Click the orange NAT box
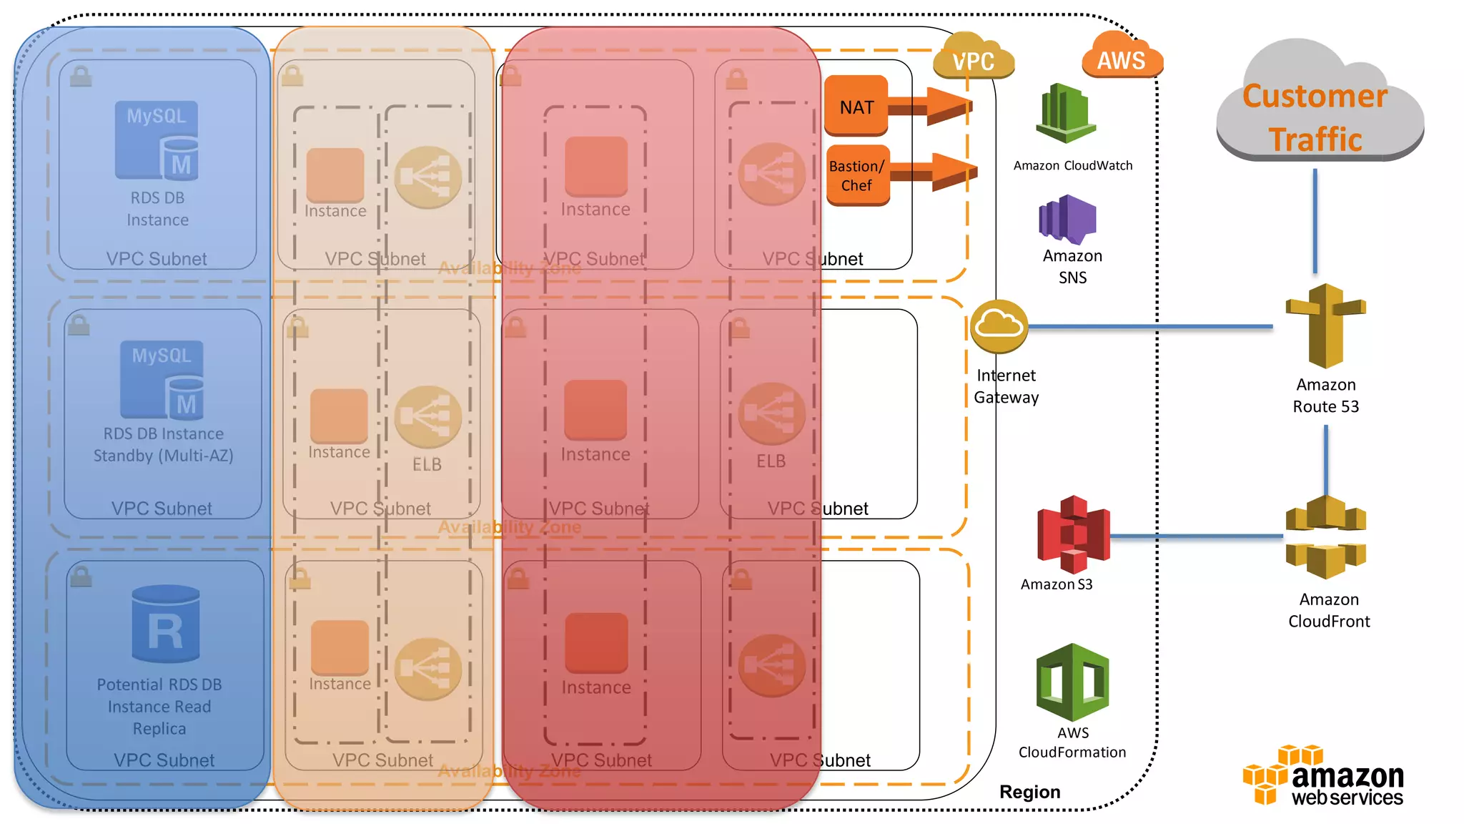pos(856,106)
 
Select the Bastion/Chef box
pos(857,175)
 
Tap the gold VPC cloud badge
pos(973,58)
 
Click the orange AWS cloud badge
pos(1121,57)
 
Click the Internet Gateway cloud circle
pos(999,326)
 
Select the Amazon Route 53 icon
pos(1326,325)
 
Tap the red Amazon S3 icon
pos(1074,534)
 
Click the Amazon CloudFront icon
pos(1326,537)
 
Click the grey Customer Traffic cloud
pos(1318,107)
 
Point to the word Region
pos(1029,792)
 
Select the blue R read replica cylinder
pos(166,624)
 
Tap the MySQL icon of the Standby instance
pos(162,380)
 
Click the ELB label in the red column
pos(771,461)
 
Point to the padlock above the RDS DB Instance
pos(81,76)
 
